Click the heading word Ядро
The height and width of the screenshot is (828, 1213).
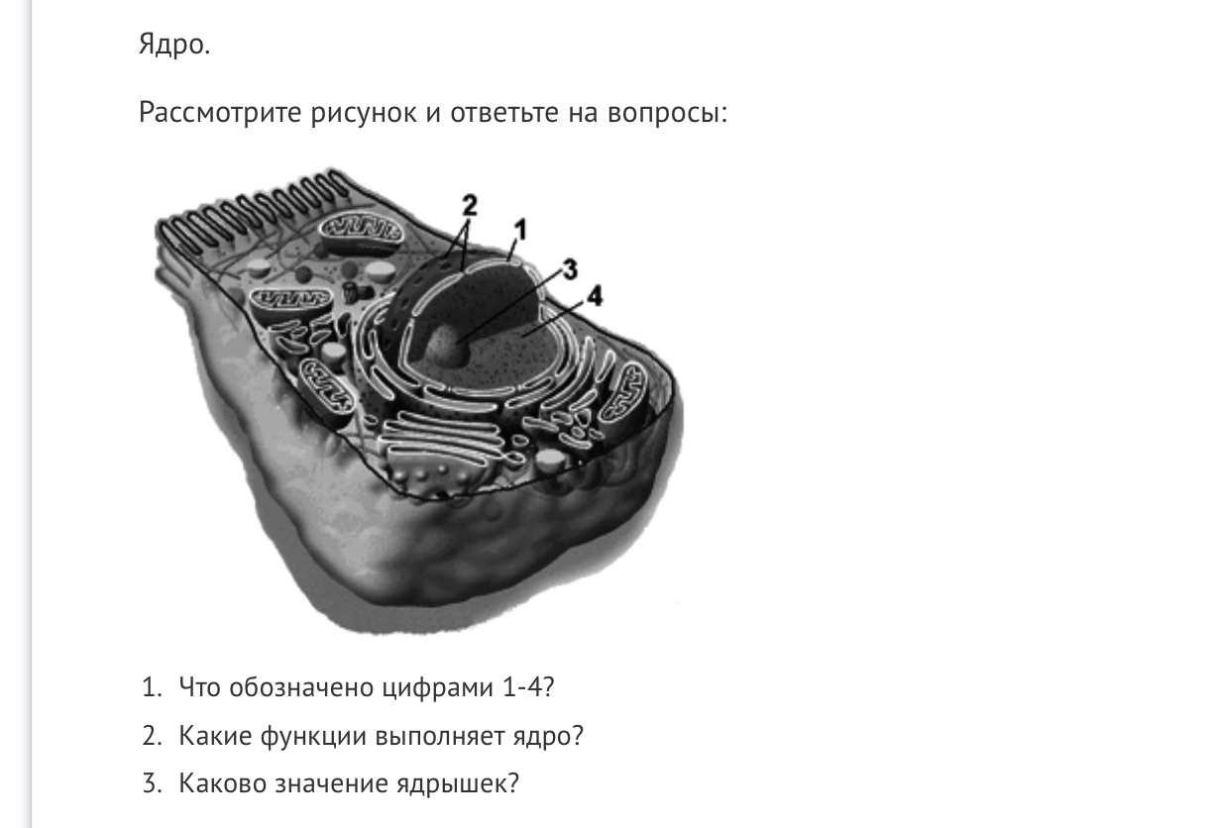[x=173, y=45]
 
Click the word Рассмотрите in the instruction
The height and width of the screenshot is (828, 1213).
[x=219, y=113]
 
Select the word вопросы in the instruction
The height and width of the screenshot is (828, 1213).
[x=667, y=113]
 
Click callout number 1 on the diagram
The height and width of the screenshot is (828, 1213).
[x=520, y=231]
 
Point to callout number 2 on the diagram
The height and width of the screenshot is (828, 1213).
[x=470, y=205]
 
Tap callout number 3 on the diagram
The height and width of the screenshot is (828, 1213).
[x=570, y=269]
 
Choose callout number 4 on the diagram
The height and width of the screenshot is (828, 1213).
[x=595, y=296]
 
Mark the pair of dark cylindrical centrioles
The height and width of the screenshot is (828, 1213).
[x=355, y=292]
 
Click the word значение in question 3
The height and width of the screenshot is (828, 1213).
[x=331, y=784]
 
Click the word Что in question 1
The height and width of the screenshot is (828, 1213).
[x=199, y=687]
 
